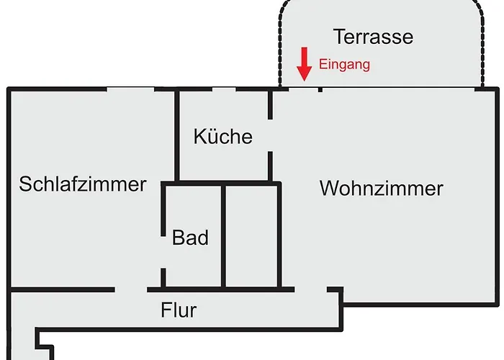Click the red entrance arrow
click(305, 64)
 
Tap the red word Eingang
click(344, 64)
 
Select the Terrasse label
click(373, 36)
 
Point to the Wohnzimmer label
click(381, 189)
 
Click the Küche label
click(222, 136)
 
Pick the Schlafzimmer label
click(83, 184)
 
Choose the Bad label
click(190, 238)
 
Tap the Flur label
click(179, 311)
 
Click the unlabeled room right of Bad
click(251, 236)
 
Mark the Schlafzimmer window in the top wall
click(130, 89)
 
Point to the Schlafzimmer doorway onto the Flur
click(131, 289)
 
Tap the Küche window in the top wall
click(224, 89)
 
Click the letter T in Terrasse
click(338, 36)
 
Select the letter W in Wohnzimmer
click(328, 189)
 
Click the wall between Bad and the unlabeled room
click(224, 236)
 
